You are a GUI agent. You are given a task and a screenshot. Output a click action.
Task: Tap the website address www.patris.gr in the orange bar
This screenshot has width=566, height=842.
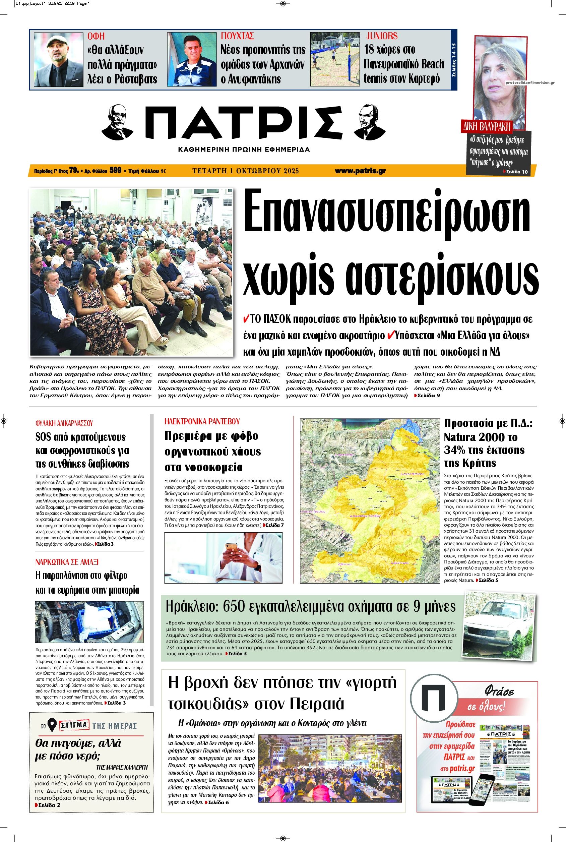tap(360, 171)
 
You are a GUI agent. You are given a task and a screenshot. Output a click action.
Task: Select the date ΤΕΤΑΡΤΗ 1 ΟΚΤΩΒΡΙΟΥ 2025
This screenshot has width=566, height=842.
tap(245, 171)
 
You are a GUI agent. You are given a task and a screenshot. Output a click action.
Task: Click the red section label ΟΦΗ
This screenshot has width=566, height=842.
tap(96, 36)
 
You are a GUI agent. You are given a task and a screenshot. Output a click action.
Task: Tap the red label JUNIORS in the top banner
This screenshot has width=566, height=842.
tap(382, 36)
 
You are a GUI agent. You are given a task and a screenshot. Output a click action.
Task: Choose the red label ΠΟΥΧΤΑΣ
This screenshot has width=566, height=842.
tap(238, 36)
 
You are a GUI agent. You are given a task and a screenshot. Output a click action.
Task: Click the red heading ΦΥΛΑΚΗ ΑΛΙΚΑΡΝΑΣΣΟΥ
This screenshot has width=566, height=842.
tap(64, 423)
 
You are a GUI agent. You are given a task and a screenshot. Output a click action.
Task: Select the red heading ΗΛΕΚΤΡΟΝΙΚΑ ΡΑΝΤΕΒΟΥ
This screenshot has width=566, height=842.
tap(202, 421)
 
